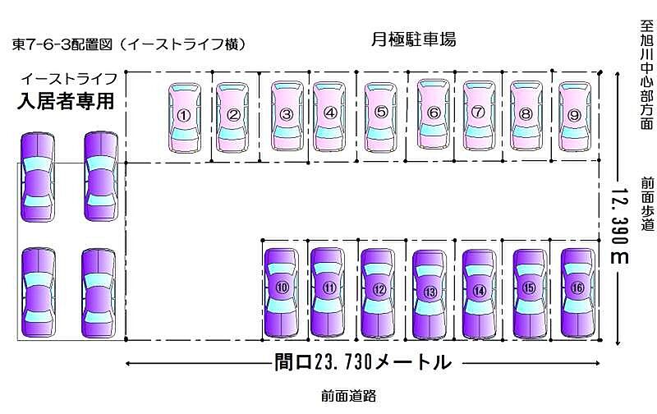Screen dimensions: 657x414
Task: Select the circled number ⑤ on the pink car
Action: click(381, 113)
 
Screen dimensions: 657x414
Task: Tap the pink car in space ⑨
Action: click(575, 116)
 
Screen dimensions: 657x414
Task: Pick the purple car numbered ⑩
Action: click(282, 292)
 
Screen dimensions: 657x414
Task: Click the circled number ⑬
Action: click(430, 292)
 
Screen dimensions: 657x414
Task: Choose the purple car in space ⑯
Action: click(577, 292)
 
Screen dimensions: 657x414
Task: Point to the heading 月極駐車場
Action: click(414, 39)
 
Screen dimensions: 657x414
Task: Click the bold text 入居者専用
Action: click(66, 101)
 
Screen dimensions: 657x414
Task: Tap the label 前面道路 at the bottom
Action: click(348, 396)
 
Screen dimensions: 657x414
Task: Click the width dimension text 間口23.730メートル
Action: click(363, 362)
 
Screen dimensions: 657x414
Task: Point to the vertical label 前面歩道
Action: click(647, 204)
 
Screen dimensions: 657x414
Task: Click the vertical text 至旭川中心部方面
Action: click(647, 74)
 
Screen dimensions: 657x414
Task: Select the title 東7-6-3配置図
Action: click(62, 44)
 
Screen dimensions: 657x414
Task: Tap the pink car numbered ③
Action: click(287, 115)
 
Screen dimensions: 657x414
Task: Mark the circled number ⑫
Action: click(379, 289)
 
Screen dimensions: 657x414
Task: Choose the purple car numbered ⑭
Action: click(480, 293)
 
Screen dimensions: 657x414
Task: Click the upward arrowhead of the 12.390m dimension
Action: click(618, 75)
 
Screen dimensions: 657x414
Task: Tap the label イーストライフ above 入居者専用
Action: click(69, 78)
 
